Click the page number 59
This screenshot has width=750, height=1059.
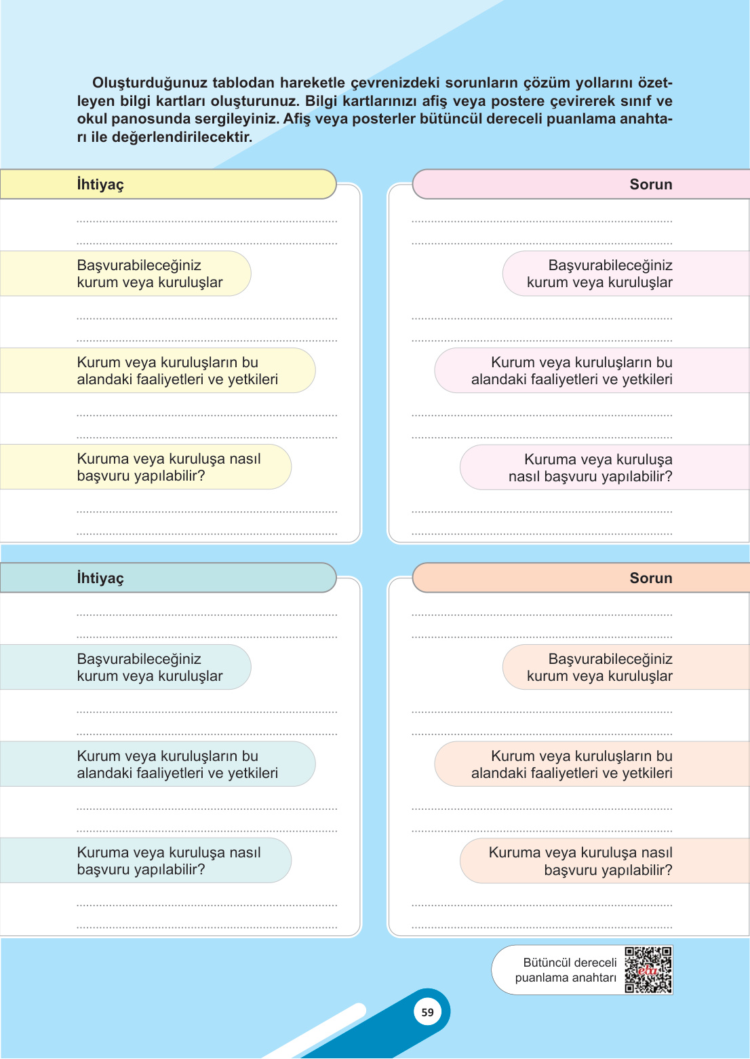(x=427, y=1012)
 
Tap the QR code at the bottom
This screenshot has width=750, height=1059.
(x=648, y=969)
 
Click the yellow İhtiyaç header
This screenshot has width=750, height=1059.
(x=167, y=184)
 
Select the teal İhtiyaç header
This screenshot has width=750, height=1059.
(x=167, y=578)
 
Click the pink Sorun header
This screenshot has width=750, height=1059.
(x=580, y=184)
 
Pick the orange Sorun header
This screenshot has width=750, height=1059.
(x=580, y=578)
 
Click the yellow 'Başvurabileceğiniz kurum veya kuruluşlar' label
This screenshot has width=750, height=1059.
(x=150, y=274)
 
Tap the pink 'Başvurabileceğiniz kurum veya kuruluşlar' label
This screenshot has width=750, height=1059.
(x=600, y=274)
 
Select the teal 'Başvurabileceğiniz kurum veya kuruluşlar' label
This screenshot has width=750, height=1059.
(x=150, y=667)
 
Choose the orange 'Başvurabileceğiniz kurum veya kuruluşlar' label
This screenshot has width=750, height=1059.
(x=600, y=667)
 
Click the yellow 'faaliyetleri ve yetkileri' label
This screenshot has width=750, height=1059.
(x=177, y=371)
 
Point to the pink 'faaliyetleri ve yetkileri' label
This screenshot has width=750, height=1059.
(x=572, y=371)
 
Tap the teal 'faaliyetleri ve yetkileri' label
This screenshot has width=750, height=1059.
(x=177, y=764)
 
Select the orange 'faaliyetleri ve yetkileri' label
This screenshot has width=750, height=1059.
(x=572, y=764)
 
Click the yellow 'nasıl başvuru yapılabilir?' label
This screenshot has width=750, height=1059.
(x=169, y=467)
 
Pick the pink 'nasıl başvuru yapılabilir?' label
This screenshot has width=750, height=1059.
(x=591, y=468)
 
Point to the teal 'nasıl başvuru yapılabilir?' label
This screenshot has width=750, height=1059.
(x=169, y=861)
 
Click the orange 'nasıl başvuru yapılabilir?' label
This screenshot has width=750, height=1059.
(x=581, y=861)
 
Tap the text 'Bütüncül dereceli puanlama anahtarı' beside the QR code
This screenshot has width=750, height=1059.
(x=566, y=970)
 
